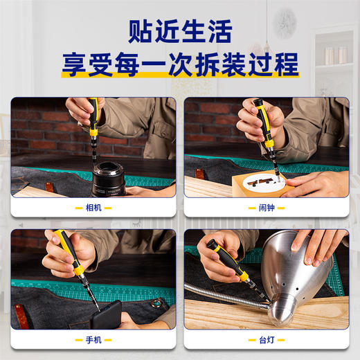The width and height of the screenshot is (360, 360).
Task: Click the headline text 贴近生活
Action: [x=179, y=32]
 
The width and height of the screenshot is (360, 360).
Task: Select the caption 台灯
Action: [x=267, y=340]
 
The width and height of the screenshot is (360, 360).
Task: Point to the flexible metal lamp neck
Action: [x=222, y=294]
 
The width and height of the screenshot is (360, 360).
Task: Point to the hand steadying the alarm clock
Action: [x=318, y=183]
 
